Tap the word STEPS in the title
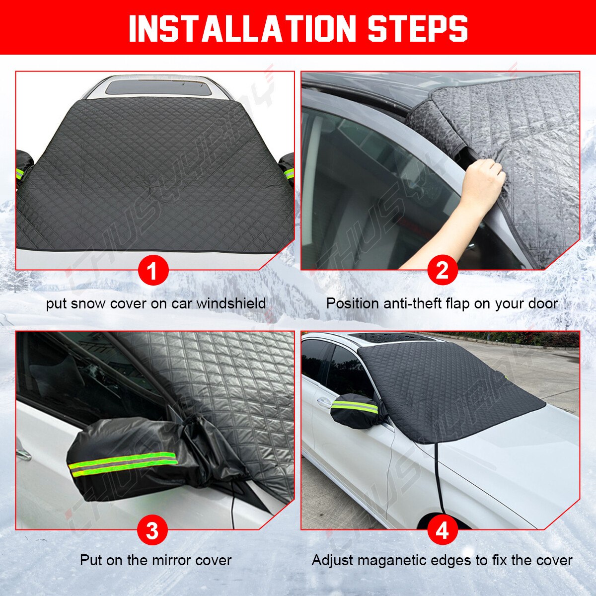418,28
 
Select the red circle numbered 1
153,270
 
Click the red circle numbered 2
443,270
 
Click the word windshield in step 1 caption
231,303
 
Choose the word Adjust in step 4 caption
332,561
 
